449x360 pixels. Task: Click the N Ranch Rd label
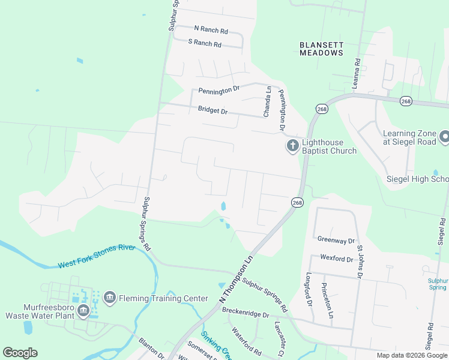click(x=211, y=29)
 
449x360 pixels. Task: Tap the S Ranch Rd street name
click(x=205, y=43)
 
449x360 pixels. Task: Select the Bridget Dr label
click(x=213, y=111)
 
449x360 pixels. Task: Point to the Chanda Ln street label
click(x=267, y=101)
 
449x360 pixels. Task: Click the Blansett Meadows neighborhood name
click(x=321, y=49)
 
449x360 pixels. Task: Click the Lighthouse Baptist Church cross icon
click(x=292, y=146)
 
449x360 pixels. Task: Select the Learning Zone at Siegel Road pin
click(x=444, y=137)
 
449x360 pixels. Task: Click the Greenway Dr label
click(x=336, y=241)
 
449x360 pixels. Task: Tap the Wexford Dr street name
click(x=336, y=259)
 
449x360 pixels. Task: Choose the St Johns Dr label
click(x=360, y=262)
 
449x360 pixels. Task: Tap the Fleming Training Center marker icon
click(x=109, y=297)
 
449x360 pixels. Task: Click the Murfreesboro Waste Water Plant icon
click(x=83, y=310)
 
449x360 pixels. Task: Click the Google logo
click(x=20, y=353)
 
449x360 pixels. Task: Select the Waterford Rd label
click(x=247, y=340)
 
